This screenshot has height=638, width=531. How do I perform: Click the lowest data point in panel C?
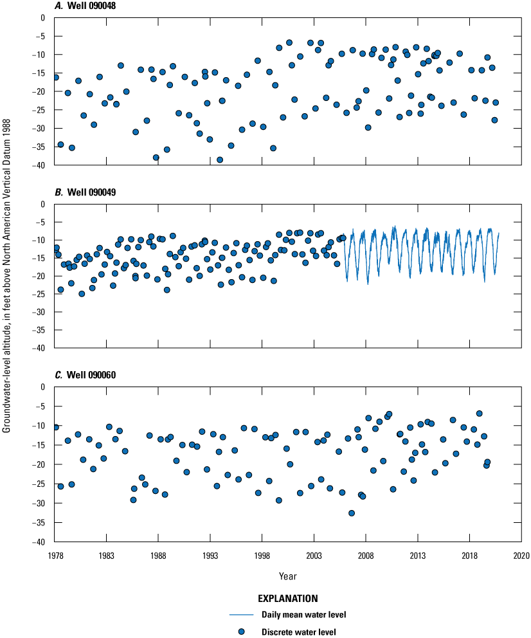coord(352,513)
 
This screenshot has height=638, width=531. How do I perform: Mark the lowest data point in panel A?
coord(220,159)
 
